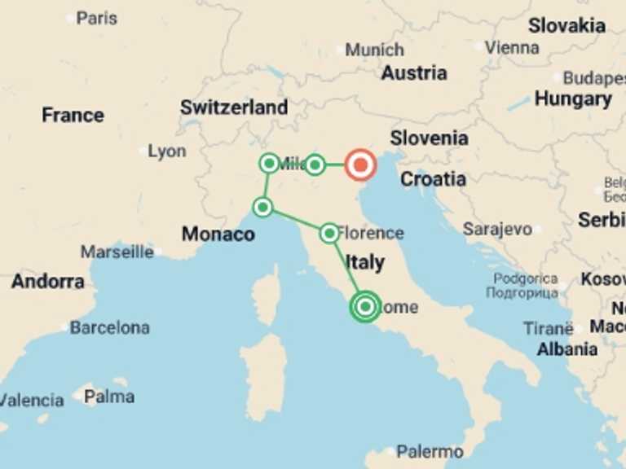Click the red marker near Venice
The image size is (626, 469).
(x=359, y=165)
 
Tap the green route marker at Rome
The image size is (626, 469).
(x=365, y=307)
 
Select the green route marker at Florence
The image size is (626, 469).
(x=328, y=234)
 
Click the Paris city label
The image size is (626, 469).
(x=96, y=17)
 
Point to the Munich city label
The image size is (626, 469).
(x=374, y=50)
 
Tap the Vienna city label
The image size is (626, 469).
(x=512, y=47)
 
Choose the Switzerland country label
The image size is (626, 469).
(x=234, y=107)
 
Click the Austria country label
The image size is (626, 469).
(x=414, y=72)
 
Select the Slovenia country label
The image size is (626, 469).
(x=429, y=138)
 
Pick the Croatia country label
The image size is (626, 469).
(x=433, y=178)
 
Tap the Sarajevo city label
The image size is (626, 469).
(x=497, y=229)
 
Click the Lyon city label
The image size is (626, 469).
(x=166, y=151)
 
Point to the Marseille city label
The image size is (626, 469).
(x=117, y=252)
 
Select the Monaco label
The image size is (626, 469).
(x=218, y=234)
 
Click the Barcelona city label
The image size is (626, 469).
(x=109, y=327)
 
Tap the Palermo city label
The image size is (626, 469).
(x=430, y=451)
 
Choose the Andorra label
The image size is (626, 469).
(x=47, y=282)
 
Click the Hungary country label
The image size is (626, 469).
(x=573, y=99)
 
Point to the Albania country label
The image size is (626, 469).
(x=566, y=349)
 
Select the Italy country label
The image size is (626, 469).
(x=364, y=262)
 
